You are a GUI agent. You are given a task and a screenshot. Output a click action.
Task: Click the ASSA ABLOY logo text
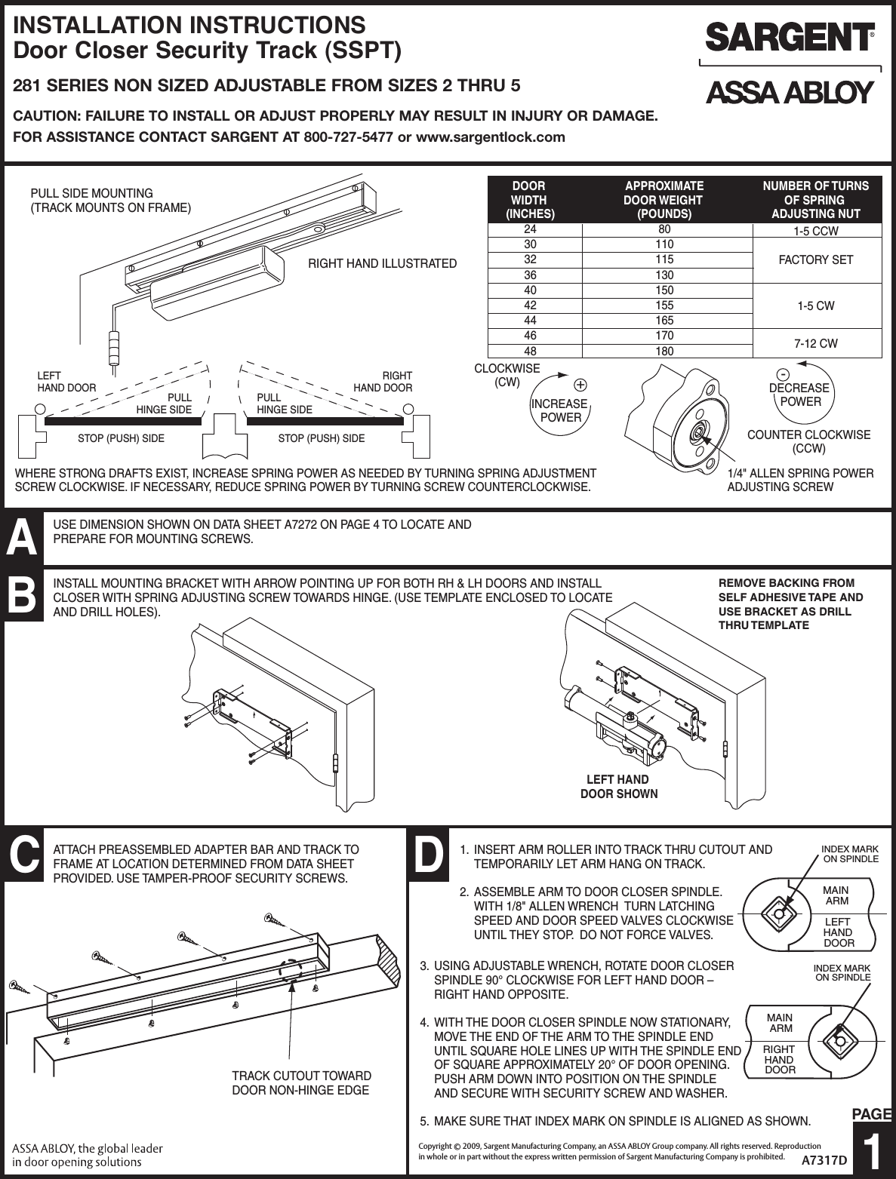click(789, 93)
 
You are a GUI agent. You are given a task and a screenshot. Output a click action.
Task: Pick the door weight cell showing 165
click(664, 321)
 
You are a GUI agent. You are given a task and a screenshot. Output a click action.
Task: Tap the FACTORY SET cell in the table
click(815, 260)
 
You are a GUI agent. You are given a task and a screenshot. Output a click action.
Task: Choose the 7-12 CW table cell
click(815, 344)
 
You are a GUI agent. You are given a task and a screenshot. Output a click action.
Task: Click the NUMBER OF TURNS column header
click(815, 200)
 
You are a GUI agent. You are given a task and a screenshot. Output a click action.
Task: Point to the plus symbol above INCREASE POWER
click(580, 382)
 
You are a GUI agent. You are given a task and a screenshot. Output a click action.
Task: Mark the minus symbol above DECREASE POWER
click(785, 374)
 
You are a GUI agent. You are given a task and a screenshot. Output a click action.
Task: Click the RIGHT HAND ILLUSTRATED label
click(383, 263)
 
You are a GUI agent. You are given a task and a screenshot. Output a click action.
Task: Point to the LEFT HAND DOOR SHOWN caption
click(618, 787)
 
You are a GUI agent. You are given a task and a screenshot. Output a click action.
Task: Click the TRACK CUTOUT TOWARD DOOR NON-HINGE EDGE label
click(301, 1082)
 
